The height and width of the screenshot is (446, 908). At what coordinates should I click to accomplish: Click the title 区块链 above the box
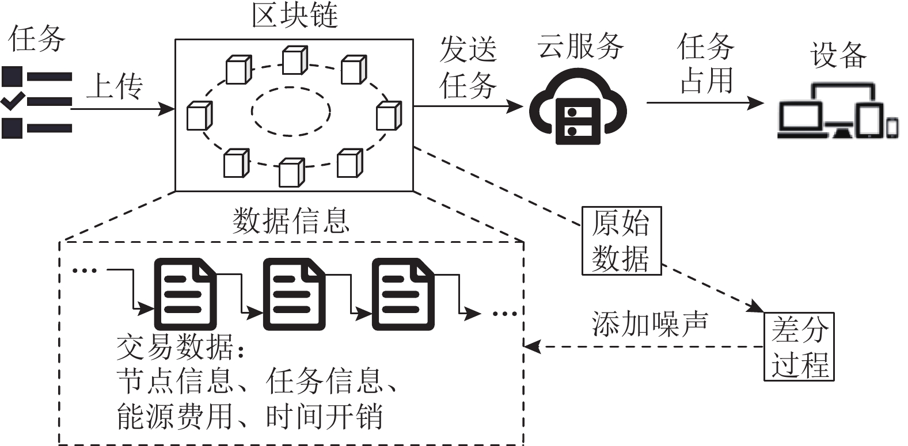pos(294,16)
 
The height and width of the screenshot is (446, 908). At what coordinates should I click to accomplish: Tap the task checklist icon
pos(36,102)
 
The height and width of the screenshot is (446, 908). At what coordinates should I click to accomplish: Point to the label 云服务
pos(580,46)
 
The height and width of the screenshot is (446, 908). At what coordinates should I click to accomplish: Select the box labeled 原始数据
pos(621,241)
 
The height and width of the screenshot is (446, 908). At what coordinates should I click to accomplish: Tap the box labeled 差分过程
pos(799,346)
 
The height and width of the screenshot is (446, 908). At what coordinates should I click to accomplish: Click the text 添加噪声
pos(650,324)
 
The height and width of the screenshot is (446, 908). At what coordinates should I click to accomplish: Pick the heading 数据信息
pos(291,220)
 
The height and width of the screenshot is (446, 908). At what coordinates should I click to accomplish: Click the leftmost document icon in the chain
pos(185,294)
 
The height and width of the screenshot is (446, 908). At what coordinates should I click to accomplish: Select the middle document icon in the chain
pos(294,294)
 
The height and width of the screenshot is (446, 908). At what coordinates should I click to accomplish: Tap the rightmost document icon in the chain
pos(402,294)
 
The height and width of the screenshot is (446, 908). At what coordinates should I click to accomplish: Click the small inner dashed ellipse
pos(291,111)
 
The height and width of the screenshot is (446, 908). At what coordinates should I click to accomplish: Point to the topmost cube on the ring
pos(294,60)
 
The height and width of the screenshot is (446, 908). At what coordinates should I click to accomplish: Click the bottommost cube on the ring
pos(291,173)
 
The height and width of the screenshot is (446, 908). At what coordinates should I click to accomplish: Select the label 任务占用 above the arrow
pos(706,63)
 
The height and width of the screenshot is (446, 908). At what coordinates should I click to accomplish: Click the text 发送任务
pos(468,67)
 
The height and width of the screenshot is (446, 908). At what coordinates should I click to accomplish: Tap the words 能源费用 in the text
pos(174,416)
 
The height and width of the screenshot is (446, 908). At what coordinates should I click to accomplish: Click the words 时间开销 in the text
pos(324,416)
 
